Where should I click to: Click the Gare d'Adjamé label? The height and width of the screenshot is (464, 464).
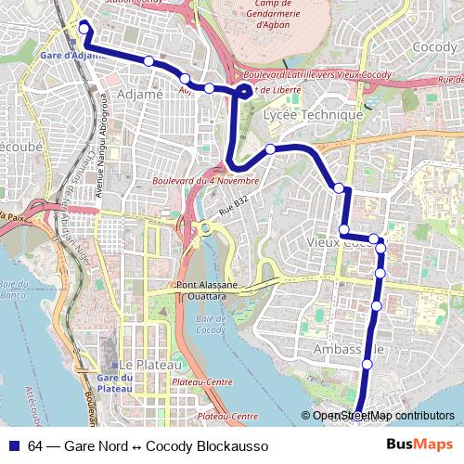(x=67, y=55)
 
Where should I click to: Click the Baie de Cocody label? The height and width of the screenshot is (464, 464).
(x=212, y=326)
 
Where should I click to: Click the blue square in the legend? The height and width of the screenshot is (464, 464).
(x=12, y=446)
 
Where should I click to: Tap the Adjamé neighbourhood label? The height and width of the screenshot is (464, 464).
(x=140, y=94)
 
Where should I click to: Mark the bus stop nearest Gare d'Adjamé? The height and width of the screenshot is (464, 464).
(x=84, y=29)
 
